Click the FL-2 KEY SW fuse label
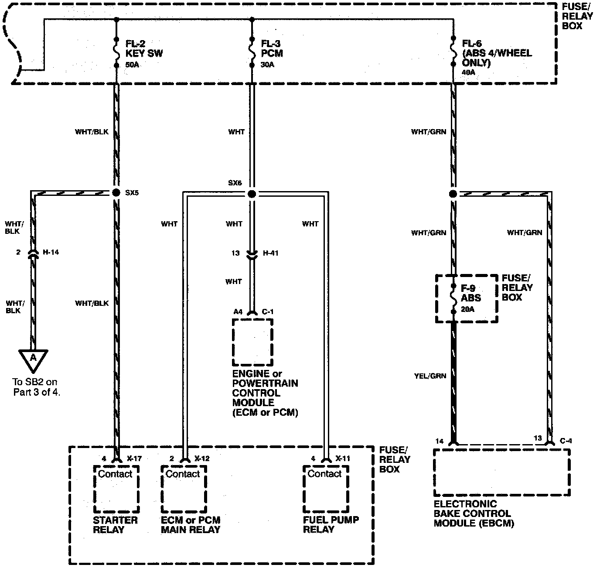144,48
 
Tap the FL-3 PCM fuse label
272,48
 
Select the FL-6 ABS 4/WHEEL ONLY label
497,53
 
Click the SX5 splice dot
116,193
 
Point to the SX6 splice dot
252,194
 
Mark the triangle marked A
33,359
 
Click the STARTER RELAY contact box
116,489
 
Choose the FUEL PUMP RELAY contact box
325,489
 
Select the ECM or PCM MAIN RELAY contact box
184,489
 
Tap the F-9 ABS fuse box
467,299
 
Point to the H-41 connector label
271,253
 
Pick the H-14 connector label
51,252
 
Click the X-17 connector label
134,459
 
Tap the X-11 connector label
343,459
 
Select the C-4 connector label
566,441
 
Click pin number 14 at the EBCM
439,441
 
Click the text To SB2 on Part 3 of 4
37,387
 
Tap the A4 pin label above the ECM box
238,311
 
